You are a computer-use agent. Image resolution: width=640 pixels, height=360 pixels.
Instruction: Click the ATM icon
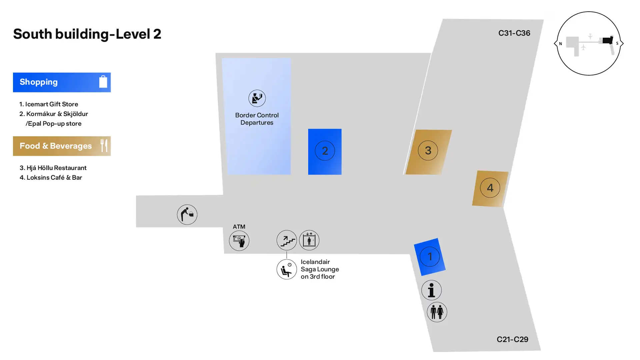click(239, 240)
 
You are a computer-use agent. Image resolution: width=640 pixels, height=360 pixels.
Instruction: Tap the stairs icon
click(287, 240)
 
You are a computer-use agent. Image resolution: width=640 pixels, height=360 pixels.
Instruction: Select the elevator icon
click(309, 240)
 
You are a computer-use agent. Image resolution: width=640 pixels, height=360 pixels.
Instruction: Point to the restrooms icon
click(437, 312)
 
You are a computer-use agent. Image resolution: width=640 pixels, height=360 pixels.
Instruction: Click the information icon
click(431, 290)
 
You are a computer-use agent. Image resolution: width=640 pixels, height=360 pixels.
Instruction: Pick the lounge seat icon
click(287, 269)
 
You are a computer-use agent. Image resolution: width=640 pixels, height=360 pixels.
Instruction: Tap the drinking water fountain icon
click(187, 214)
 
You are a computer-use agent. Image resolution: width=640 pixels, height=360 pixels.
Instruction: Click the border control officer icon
click(257, 98)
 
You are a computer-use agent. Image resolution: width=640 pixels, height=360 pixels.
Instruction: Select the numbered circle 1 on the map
click(430, 256)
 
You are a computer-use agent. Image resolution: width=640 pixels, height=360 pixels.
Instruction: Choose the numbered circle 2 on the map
click(325, 151)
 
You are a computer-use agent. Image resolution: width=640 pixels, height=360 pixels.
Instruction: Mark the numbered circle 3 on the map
click(428, 150)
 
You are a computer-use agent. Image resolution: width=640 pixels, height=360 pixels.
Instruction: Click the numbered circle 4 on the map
click(490, 188)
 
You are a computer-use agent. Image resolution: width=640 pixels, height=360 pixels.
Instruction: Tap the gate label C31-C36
click(514, 33)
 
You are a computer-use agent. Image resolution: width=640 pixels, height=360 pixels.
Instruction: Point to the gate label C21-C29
click(512, 339)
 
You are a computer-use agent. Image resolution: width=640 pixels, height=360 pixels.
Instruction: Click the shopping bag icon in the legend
click(103, 82)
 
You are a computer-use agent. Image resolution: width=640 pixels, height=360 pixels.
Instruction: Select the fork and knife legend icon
click(104, 146)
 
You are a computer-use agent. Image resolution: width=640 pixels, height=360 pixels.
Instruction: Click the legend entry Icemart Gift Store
click(51, 104)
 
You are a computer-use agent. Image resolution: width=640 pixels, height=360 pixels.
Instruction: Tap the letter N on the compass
click(560, 44)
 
